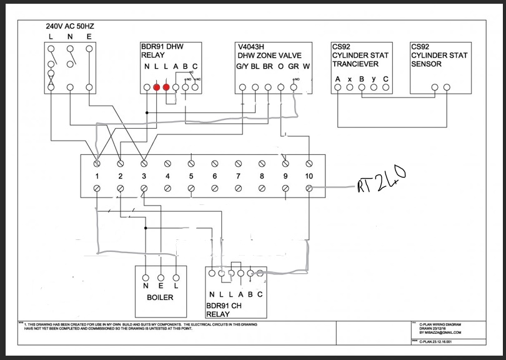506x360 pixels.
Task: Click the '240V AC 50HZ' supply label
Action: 71,27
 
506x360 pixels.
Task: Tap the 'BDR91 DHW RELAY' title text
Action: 162,51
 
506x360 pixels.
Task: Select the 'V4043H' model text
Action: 252,47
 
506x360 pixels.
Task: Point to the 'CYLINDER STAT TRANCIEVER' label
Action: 360,59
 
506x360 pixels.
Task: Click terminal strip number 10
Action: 309,176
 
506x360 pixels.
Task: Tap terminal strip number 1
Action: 97,176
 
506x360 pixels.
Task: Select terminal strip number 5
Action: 191,176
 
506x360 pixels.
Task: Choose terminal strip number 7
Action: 238,176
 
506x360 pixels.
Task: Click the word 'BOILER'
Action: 160,297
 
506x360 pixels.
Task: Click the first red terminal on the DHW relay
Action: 156,87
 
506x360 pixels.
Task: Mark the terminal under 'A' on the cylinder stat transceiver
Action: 338,87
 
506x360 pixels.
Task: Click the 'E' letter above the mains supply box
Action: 89,38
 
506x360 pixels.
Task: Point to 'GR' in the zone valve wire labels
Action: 292,66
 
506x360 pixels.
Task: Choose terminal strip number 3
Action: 144,176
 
